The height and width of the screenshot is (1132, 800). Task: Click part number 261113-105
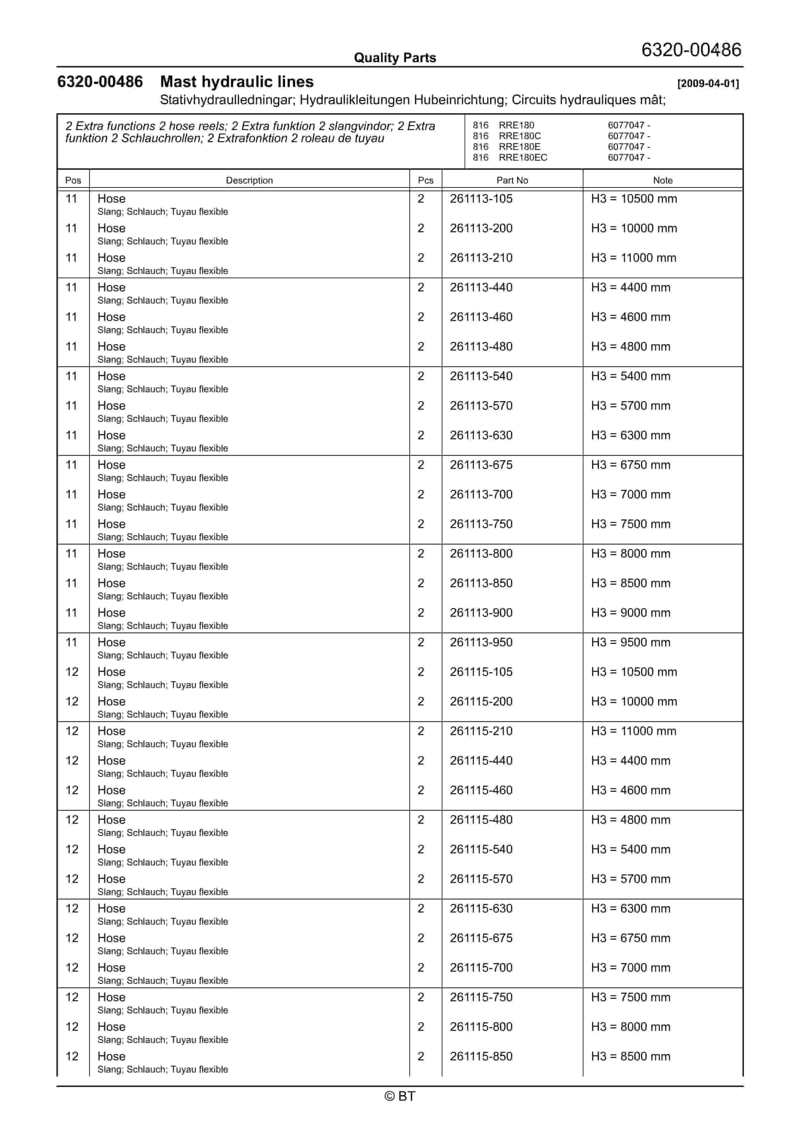click(x=481, y=199)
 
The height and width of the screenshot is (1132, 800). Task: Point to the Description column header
click(x=249, y=180)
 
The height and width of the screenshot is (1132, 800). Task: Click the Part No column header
click(x=512, y=180)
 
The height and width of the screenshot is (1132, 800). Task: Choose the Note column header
click(x=663, y=180)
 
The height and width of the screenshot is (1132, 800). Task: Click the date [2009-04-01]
click(x=708, y=84)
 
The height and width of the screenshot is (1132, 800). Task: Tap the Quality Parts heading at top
click(x=395, y=58)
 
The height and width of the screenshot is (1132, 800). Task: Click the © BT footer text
click(x=400, y=1096)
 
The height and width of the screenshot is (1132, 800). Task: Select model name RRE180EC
click(x=523, y=158)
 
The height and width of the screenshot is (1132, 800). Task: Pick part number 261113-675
click(x=481, y=465)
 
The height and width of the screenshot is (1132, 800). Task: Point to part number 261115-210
click(x=481, y=731)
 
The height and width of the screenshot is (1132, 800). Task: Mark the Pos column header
click(x=73, y=180)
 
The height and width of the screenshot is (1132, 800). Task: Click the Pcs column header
click(x=425, y=180)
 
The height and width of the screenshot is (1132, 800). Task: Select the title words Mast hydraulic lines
click(x=237, y=82)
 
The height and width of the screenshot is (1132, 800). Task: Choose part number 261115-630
click(x=481, y=908)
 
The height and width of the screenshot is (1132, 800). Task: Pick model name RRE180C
click(x=519, y=136)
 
